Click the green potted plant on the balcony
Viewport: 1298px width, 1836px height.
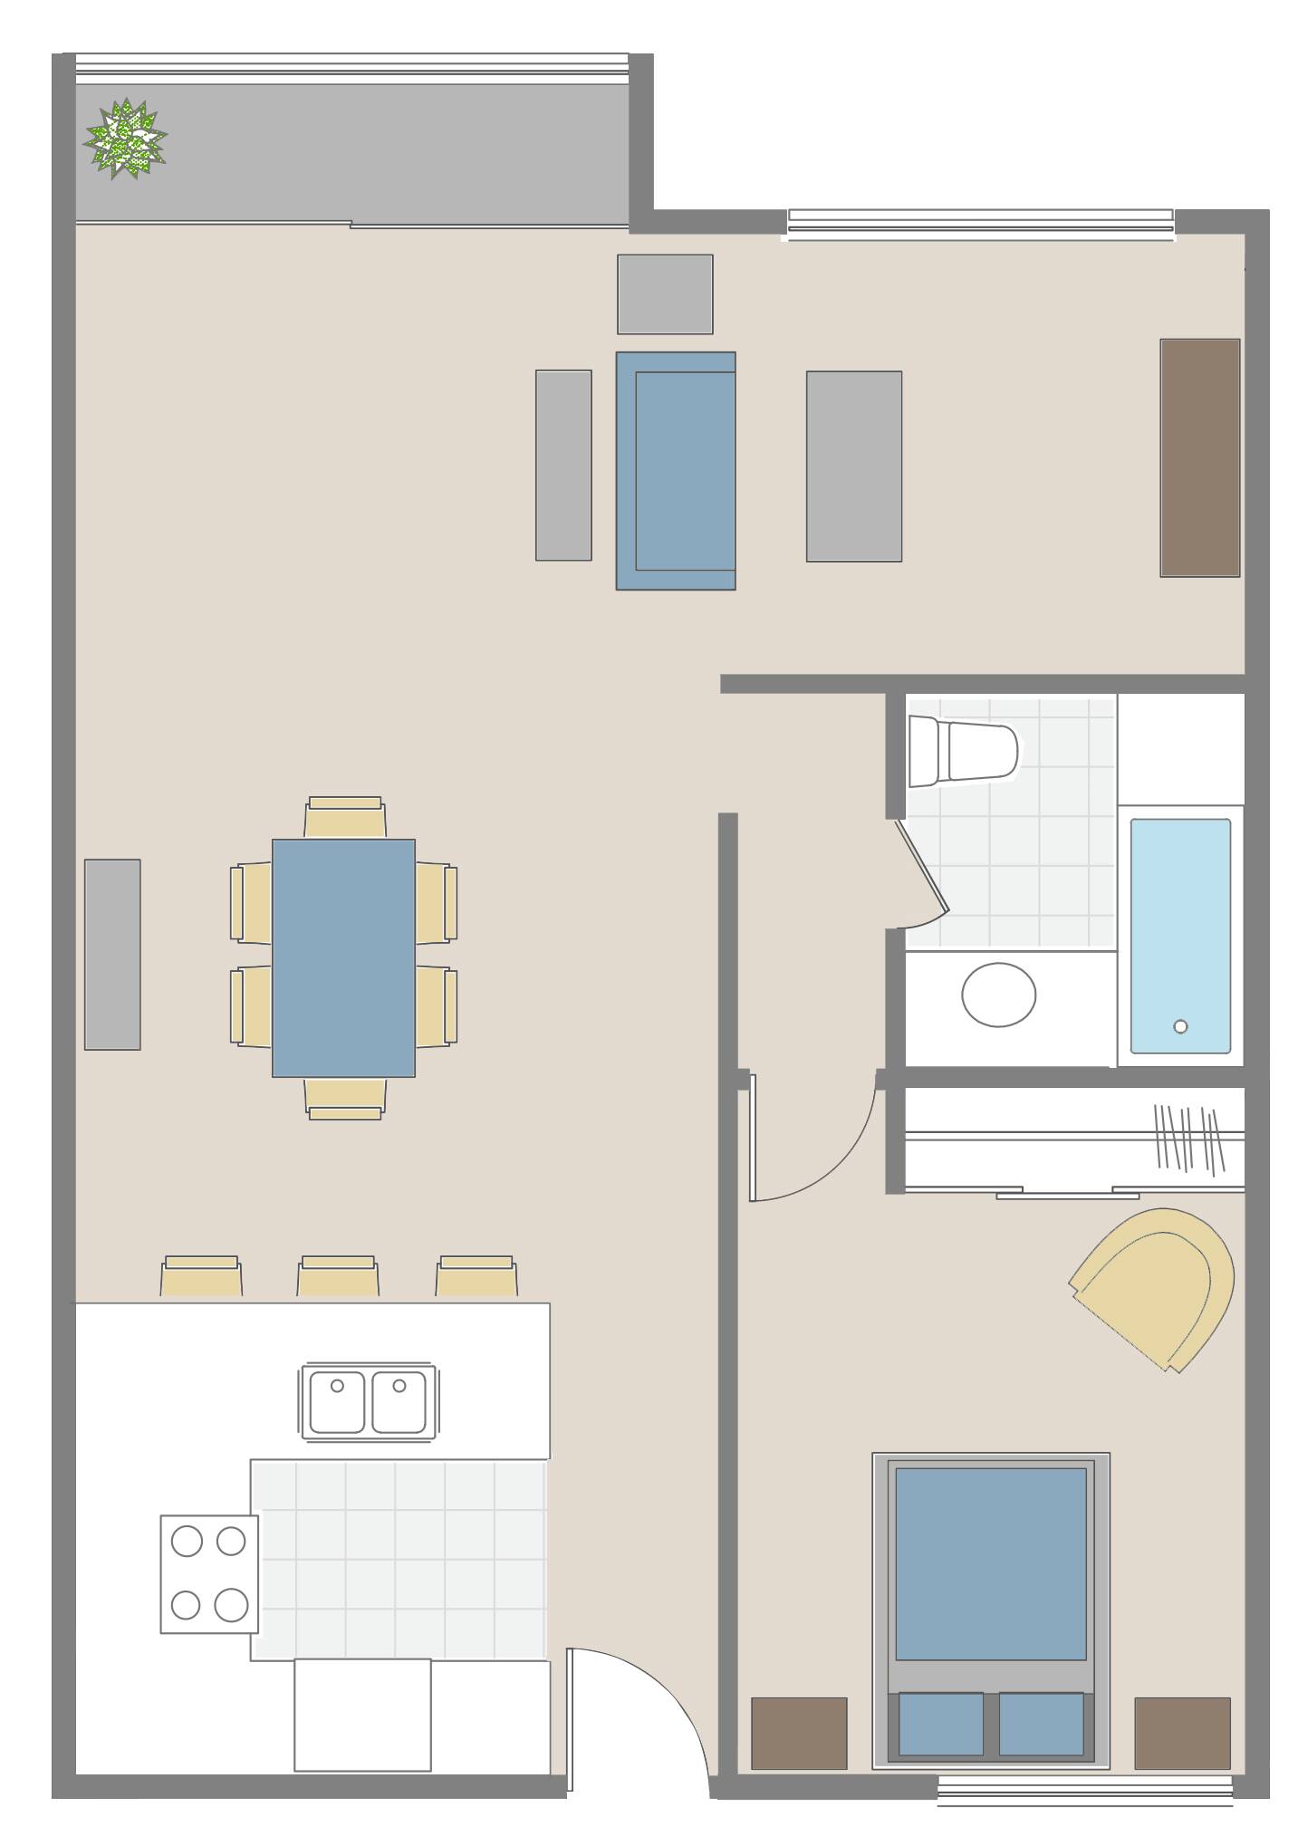125,139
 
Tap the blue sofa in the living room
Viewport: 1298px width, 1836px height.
675,471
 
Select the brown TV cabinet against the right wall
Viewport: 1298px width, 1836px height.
1199,457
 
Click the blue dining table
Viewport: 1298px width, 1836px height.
343,957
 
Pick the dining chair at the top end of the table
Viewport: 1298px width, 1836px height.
344,817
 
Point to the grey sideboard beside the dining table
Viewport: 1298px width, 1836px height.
112,954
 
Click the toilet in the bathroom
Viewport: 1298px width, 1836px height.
964,751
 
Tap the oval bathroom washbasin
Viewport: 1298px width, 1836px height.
998,995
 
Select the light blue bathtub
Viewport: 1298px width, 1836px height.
1179,936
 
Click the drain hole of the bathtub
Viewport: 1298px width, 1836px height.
1179,1026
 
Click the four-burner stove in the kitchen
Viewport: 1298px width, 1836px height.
209,1574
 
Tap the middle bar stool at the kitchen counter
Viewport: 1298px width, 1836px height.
338,1276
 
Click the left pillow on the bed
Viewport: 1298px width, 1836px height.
941,1724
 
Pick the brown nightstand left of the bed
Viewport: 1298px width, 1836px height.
799,1733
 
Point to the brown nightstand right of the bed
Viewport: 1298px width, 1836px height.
1182,1733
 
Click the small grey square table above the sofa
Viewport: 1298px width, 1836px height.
665,294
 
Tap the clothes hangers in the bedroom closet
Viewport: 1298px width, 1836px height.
1187,1138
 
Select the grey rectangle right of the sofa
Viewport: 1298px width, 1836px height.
853,466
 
